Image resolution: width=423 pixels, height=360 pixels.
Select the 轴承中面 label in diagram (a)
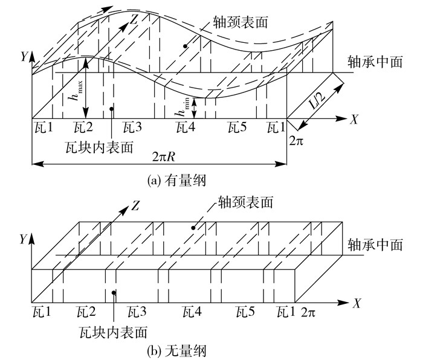(x=375, y=62)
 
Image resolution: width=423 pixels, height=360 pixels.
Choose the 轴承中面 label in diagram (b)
(x=375, y=246)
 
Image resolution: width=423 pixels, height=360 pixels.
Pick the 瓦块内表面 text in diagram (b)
(x=114, y=332)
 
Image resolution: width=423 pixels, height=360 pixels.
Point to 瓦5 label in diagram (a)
(x=236, y=128)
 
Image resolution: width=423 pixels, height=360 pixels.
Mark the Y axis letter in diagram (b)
(x=22, y=240)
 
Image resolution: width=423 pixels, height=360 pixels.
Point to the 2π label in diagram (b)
(x=308, y=312)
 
